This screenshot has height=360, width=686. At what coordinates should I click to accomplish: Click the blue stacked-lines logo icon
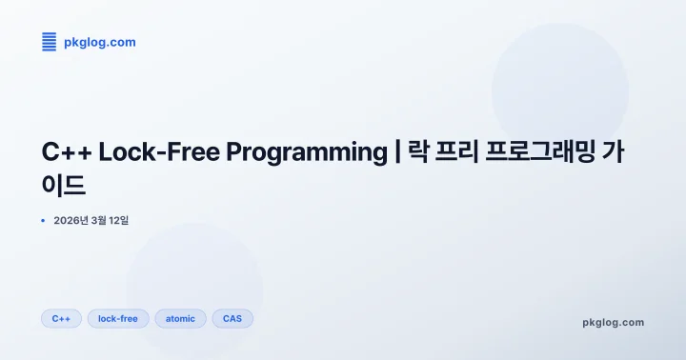click(49, 41)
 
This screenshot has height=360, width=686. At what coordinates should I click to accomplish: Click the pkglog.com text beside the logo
click(99, 42)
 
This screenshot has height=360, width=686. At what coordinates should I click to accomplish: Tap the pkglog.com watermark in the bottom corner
click(613, 322)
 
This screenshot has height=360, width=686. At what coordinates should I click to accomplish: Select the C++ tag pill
click(61, 318)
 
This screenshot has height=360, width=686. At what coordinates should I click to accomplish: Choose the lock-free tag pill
click(118, 318)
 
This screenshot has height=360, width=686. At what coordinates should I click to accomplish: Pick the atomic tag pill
click(180, 318)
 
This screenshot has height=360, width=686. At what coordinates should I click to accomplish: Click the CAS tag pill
click(232, 318)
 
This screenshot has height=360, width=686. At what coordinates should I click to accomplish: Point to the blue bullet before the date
click(43, 221)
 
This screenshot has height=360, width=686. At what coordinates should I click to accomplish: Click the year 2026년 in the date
click(71, 221)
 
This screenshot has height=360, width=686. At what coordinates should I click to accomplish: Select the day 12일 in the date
click(119, 221)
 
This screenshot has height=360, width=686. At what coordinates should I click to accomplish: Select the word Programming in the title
click(303, 152)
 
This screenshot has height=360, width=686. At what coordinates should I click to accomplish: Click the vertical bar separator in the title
click(396, 152)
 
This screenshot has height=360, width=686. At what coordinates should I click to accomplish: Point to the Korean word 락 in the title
click(419, 152)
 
